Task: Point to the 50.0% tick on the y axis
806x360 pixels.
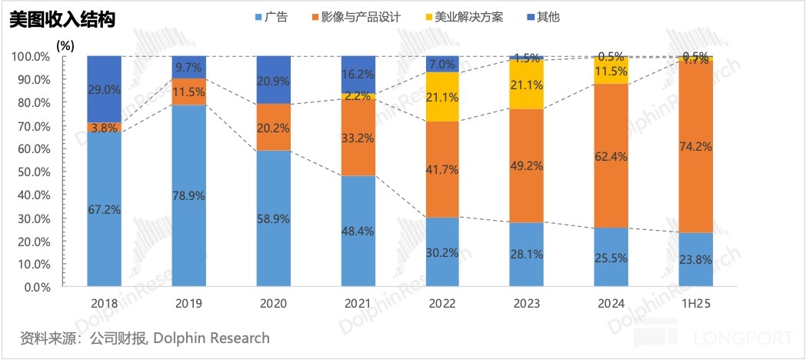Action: click(x=32, y=172)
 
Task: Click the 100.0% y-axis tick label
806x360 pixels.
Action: click(x=30, y=57)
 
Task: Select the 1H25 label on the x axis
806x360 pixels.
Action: click(x=696, y=304)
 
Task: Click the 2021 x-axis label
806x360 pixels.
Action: click(x=358, y=304)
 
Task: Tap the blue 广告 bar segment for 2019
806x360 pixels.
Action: click(x=188, y=196)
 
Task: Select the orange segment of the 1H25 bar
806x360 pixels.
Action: click(x=696, y=146)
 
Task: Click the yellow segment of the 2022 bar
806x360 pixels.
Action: click(x=442, y=97)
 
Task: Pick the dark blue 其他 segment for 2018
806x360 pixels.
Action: click(x=104, y=89)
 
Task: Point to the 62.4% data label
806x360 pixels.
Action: click(x=611, y=156)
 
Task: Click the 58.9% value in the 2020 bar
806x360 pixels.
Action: click(x=273, y=219)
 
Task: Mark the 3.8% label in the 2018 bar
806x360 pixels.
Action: click(x=104, y=128)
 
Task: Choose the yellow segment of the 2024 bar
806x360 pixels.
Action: click(x=611, y=71)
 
